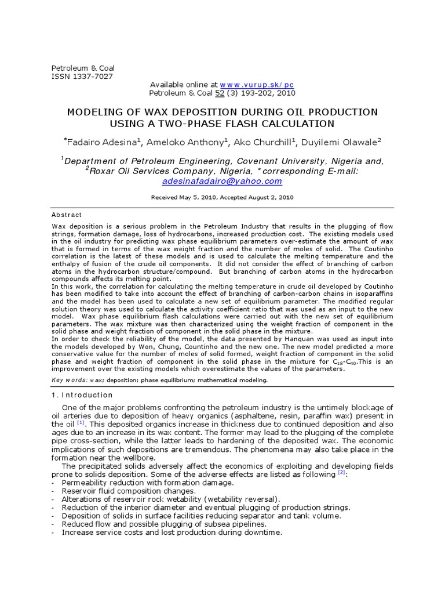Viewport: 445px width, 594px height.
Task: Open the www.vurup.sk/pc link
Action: coord(257,84)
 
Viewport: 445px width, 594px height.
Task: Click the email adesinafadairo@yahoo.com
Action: coord(222,181)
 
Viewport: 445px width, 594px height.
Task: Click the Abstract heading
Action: coord(67,215)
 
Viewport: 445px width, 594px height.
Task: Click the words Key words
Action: coord(69,380)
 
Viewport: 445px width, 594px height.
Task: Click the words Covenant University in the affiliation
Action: coord(282,161)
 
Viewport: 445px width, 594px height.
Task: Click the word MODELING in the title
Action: coord(95,112)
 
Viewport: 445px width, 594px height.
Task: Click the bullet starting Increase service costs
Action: coord(172,533)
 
